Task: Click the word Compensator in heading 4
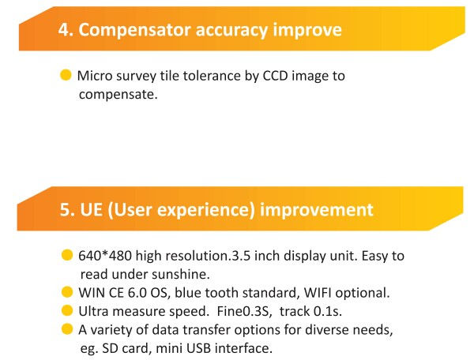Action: (135, 31)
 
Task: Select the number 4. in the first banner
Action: (66, 29)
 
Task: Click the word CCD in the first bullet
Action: (275, 76)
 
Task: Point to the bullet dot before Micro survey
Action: (66, 75)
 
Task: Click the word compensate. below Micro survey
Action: (118, 95)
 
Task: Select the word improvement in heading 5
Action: (317, 210)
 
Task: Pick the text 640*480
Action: (105, 256)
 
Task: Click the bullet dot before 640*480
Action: (67, 255)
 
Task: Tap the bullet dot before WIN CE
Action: (67, 292)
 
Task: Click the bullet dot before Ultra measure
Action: (67, 311)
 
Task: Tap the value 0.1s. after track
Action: (328, 311)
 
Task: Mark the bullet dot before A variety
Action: (67, 329)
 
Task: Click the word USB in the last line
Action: (198, 348)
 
